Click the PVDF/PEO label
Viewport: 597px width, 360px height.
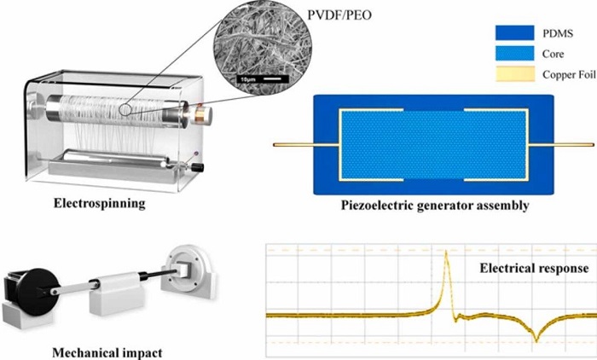339,15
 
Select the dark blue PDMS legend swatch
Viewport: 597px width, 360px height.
514,32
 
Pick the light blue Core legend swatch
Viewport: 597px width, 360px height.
514,54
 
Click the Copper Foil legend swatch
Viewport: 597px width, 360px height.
514,74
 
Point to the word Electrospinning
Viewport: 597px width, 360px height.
100,203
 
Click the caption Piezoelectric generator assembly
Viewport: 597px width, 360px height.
435,206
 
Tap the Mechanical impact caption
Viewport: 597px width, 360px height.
107,352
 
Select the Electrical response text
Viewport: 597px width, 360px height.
534,268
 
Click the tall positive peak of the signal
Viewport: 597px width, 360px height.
446,252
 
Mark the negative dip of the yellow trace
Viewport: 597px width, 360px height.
536,340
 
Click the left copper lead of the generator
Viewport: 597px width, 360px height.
306,145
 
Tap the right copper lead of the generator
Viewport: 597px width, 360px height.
561,145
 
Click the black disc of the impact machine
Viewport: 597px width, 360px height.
38,292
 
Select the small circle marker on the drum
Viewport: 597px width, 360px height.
125,110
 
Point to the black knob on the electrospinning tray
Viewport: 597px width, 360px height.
197,167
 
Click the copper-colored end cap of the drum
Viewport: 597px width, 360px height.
203,113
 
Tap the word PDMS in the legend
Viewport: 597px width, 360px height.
558,33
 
